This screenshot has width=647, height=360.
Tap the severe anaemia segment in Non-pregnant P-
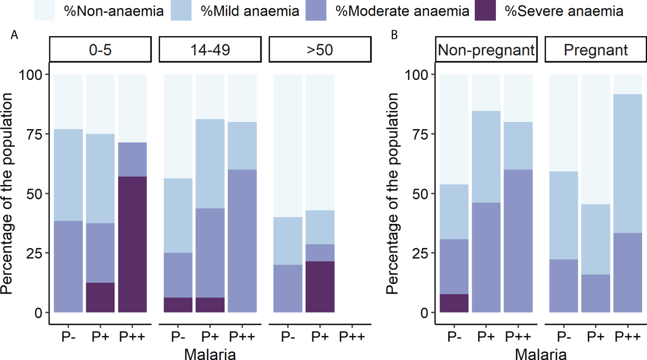[x=454, y=303]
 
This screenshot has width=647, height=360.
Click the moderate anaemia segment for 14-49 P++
[x=242, y=241]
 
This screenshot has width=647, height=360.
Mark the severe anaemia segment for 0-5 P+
[x=100, y=297]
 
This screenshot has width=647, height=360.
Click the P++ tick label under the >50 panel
[x=352, y=338]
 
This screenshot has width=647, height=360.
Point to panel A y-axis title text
[x=7, y=193]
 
